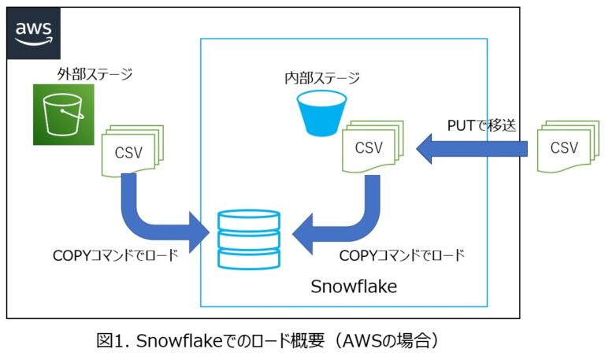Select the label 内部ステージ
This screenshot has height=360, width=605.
(321, 78)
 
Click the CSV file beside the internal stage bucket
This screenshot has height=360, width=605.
(370, 147)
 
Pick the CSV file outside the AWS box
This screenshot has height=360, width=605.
(566, 147)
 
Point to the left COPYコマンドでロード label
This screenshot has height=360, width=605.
(115, 254)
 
